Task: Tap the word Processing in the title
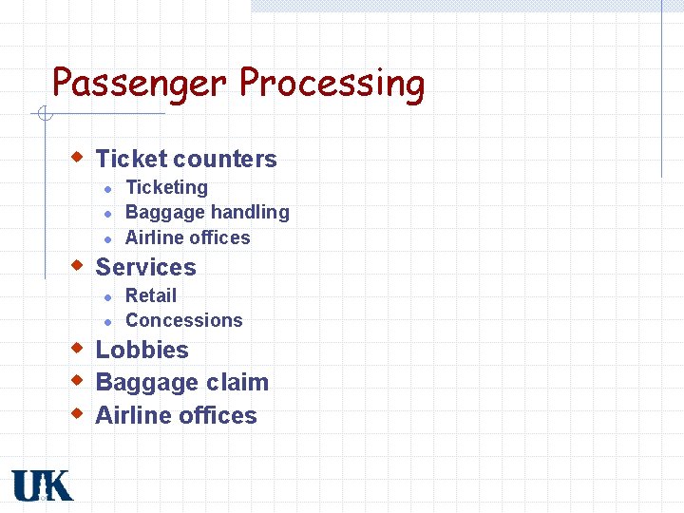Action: tap(332, 84)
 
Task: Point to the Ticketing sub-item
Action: tap(166, 188)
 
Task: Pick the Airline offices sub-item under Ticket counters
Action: tap(187, 237)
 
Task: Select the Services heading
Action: tap(145, 267)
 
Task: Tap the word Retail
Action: tap(151, 295)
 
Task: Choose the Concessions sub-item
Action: tap(183, 320)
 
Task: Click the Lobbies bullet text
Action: tap(142, 350)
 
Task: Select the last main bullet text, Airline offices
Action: tap(176, 416)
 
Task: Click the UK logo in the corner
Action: tap(42, 485)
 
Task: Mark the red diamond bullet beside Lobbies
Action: tap(80, 347)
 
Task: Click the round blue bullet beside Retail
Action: tap(109, 297)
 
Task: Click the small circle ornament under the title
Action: tap(44, 115)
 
